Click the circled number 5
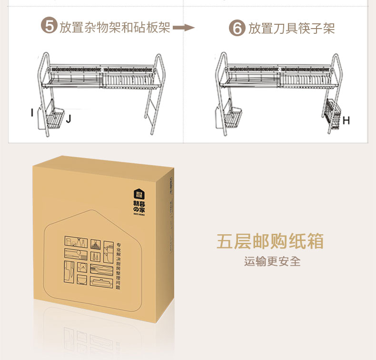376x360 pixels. click(x=49, y=27)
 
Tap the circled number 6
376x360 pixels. click(x=237, y=28)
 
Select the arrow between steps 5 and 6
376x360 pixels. click(x=184, y=28)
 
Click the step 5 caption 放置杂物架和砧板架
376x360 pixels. click(x=115, y=27)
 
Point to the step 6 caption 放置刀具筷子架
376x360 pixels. click(x=291, y=28)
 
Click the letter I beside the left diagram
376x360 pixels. click(x=32, y=113)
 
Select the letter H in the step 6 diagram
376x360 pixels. click(x=346, y=121)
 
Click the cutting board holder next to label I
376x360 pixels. click(x=41, y=117)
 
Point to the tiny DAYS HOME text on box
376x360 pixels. click(x=139, y=215)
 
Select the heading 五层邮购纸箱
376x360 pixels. click(x=270, y=241)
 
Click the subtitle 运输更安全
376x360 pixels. click(x=272, y=261)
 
